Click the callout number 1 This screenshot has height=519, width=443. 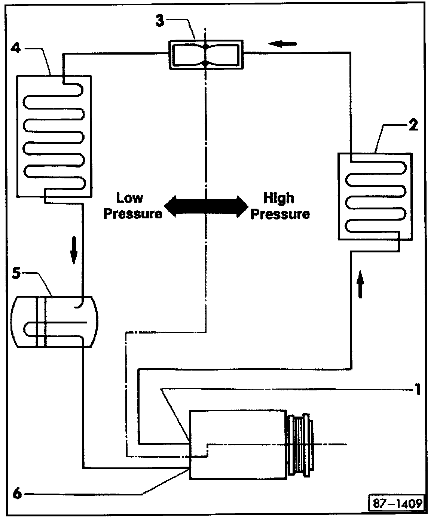click(417, 390)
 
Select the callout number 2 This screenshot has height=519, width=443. click(413, 125)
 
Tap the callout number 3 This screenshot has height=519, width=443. click(160, 20)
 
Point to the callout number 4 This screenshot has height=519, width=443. click(16, 47)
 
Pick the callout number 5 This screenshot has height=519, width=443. click(16, 273)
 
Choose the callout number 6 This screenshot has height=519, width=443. click(17, 494)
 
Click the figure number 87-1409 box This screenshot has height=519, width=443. click(397, 503)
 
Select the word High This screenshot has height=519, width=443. click(279, 198)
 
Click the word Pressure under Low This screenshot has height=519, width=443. click(133, 214)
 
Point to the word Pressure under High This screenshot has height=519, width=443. click(280, 214)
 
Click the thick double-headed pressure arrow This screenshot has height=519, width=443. click(206, 206)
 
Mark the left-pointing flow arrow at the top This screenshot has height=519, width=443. click(282, 44)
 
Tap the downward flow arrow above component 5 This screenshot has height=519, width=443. click(74, 250)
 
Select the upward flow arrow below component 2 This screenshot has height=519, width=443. click(361, 284)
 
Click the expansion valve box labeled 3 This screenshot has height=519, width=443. click(206, 55)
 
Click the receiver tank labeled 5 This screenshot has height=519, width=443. click(54, 322)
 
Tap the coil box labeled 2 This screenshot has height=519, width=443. click(375, 196)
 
